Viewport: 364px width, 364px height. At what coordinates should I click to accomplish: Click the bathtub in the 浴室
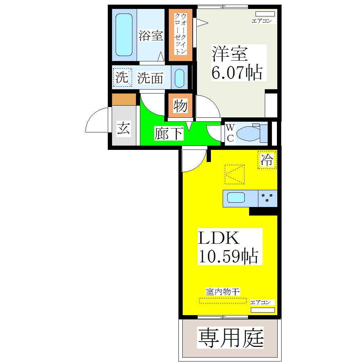[125, 35]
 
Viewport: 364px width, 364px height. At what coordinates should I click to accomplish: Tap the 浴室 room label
[151, 35]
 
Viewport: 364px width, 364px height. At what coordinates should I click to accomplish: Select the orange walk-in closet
[181, 34]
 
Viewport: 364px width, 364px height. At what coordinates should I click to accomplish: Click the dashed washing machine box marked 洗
[122, 77]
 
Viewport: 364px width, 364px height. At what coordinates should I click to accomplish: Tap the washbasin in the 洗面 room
[180, 77]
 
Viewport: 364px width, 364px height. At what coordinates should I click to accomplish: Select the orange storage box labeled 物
[180, 106]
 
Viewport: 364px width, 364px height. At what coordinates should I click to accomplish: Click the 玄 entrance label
[123, 128]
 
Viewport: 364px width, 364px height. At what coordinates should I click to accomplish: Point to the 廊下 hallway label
[168, 133]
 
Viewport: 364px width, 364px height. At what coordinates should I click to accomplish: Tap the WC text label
[230, 133]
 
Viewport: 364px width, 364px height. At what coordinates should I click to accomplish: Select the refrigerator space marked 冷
[267, 160]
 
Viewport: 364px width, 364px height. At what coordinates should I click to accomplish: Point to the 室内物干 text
[222, 292]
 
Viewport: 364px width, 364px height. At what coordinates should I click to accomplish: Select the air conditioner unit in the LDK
[263, 310]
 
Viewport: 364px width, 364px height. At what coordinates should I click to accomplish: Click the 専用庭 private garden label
[231, 338]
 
